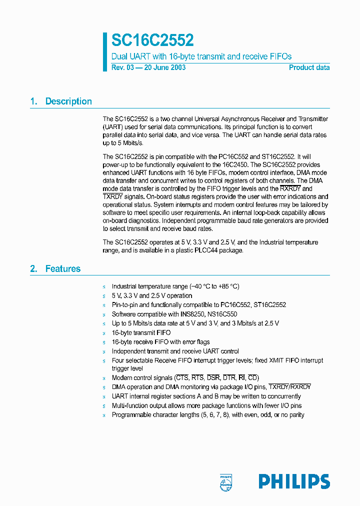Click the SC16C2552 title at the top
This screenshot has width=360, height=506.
[152, 40]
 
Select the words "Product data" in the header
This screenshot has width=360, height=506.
[309, 67]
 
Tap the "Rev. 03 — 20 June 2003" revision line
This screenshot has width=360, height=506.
[148, 67]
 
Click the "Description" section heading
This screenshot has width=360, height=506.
[68, 101]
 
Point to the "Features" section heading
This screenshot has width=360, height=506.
[62, 268]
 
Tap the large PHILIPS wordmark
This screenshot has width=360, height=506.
[294, 481]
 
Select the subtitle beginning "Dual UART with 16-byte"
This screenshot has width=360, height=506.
[201, 56]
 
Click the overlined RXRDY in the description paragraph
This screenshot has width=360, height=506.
[290, 188]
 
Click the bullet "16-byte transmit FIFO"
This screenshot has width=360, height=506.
[141, 332]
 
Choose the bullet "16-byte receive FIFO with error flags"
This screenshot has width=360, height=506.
[160, 342]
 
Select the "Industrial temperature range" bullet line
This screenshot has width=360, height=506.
[175, 286]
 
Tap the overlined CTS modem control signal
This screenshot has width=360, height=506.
[181, 377]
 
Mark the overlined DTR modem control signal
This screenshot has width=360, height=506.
[229, 377]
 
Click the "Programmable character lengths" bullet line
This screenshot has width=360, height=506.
[207, 414]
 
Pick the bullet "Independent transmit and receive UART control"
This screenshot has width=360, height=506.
[175, 351]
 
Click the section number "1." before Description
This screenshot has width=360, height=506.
[34, 101]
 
